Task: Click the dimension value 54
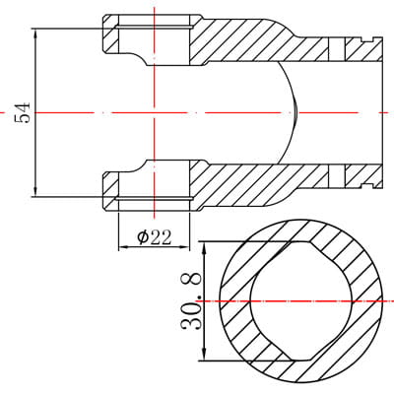pyautogui.click(x=23, y=112)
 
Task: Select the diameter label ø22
pyautogui.click(x=155, y=237)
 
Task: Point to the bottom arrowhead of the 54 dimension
pyautogui.click(x=35, y=191)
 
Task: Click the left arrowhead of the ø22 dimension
pyautogui.click(x=124, y=247)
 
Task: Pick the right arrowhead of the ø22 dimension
pyautogui.click(x=184, y=247)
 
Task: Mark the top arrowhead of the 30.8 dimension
pyautogui.click(x=205, y=248)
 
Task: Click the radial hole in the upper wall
pyautogui.click(x=337, y=49)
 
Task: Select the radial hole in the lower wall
pyautogui.click(x=337, y=176)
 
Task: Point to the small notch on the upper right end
pyautogui.click(x=367, y=39)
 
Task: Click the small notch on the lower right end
pyautogui.click(x=367, y=186)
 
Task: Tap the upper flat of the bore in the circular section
pyautogui.click(x=301, y=241)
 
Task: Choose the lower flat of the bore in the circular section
pyautogui.click(x=301, y=361)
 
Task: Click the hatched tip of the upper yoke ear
pyautogui.click(x=110, y=34)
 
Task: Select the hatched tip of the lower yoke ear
pyautogui.click(x=110, y=191)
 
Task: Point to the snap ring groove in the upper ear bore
pyautogui.click(x=154, y=28)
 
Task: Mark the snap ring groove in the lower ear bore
pyautogui.click(x=154, y=198)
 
